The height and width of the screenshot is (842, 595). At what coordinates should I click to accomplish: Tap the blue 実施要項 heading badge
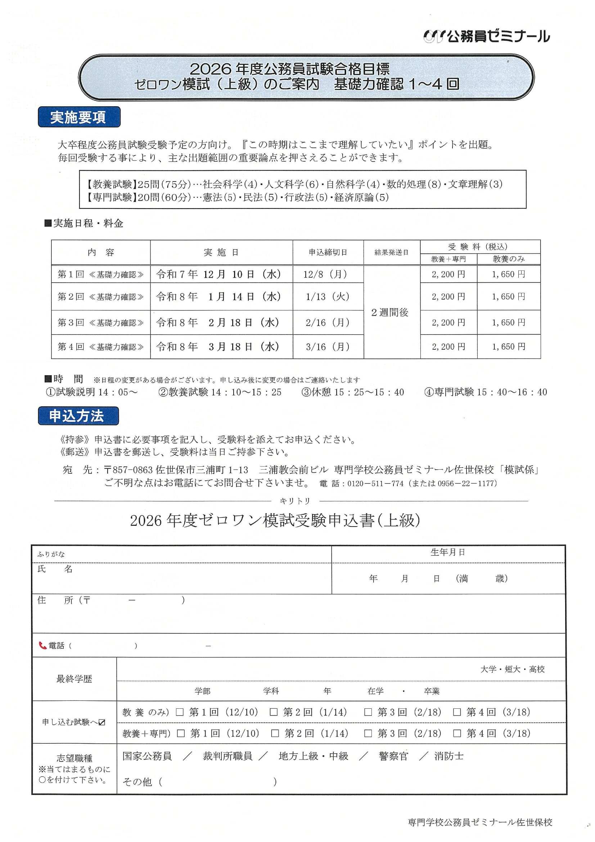pyautogui.click(x=79, y=117)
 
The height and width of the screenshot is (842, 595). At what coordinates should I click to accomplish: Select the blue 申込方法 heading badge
pyautogui.click(x=78, y=416)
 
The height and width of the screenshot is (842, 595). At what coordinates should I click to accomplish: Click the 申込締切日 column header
pyautogui.click(x=328, y=252)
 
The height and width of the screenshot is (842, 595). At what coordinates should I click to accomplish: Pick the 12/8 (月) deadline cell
pyautogui.click(x=325, y=274)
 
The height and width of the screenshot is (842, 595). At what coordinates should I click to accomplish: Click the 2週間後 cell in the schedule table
pyautogui.click(x=390, y=313)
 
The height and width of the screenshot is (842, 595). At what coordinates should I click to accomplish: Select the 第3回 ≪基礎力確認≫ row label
pyautogui.click(x=100, y=323)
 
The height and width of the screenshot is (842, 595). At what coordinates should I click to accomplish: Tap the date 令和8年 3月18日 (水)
pyautogui.click(x=218, y=346)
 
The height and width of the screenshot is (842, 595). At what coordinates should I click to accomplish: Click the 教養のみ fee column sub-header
pyautogui.click(x=509, y=259)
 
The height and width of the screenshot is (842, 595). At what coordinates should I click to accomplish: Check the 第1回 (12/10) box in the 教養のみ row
pyautogui.click(x=180, y=712)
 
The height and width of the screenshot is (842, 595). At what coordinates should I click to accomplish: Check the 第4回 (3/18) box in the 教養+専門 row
pyautogui.click(x=457, y=734)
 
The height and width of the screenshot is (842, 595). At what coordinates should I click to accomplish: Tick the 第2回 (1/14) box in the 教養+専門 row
pyautogui.click(x=275, y=734)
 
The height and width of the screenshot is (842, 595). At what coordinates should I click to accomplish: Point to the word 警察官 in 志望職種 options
pyautogui.click(x=393, y=756)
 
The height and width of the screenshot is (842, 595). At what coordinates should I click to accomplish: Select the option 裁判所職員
pyautogui.click(x=227, y=756)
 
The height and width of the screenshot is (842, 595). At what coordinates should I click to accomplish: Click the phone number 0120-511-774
pyautogui.click(x=375, y=483)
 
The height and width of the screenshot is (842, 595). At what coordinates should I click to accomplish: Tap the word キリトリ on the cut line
pyautogui.click(x=295, y=501)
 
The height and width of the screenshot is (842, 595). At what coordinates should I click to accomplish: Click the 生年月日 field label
pyautogui.click(x=448, y=552)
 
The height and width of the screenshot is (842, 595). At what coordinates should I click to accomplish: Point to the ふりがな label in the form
pyautogui.click(x=51, y=554)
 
